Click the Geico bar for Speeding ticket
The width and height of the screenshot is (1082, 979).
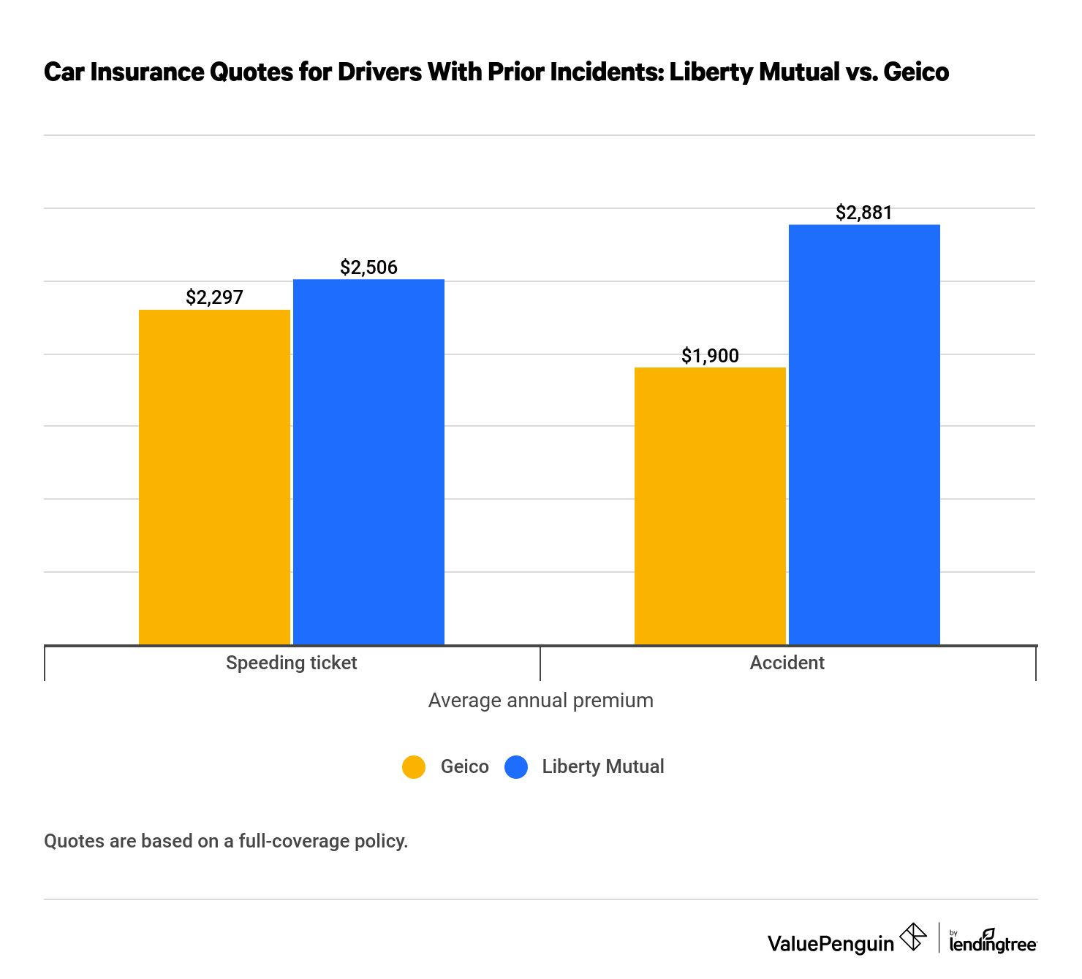click(214, 477)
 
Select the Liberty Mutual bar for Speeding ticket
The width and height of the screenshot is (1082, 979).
click(368, 462)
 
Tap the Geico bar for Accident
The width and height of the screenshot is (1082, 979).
click(710, 506)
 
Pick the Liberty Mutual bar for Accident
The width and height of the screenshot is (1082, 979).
click(864, 435)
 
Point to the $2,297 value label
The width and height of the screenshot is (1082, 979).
click(214, 297)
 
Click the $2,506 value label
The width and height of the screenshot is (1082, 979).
click(368, 267)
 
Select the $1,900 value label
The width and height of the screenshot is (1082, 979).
click(710, 356)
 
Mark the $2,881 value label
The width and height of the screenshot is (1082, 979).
click(864, 213)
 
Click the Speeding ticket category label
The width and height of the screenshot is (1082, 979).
click(291, 663)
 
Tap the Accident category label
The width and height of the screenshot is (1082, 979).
click(787, 663)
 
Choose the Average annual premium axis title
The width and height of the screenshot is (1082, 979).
click(540, 701)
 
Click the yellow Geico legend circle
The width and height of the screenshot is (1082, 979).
click(414, 767)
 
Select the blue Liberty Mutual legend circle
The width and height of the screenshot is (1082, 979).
click(516, 767)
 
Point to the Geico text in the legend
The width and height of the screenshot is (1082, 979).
click(464, 766)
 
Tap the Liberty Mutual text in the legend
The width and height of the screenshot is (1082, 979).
click(602, 766)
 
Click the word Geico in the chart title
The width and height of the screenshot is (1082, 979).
click(915, 72)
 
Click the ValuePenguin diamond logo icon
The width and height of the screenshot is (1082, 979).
click(912, 937)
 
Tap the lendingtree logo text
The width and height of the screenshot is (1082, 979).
click(992, 943)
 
